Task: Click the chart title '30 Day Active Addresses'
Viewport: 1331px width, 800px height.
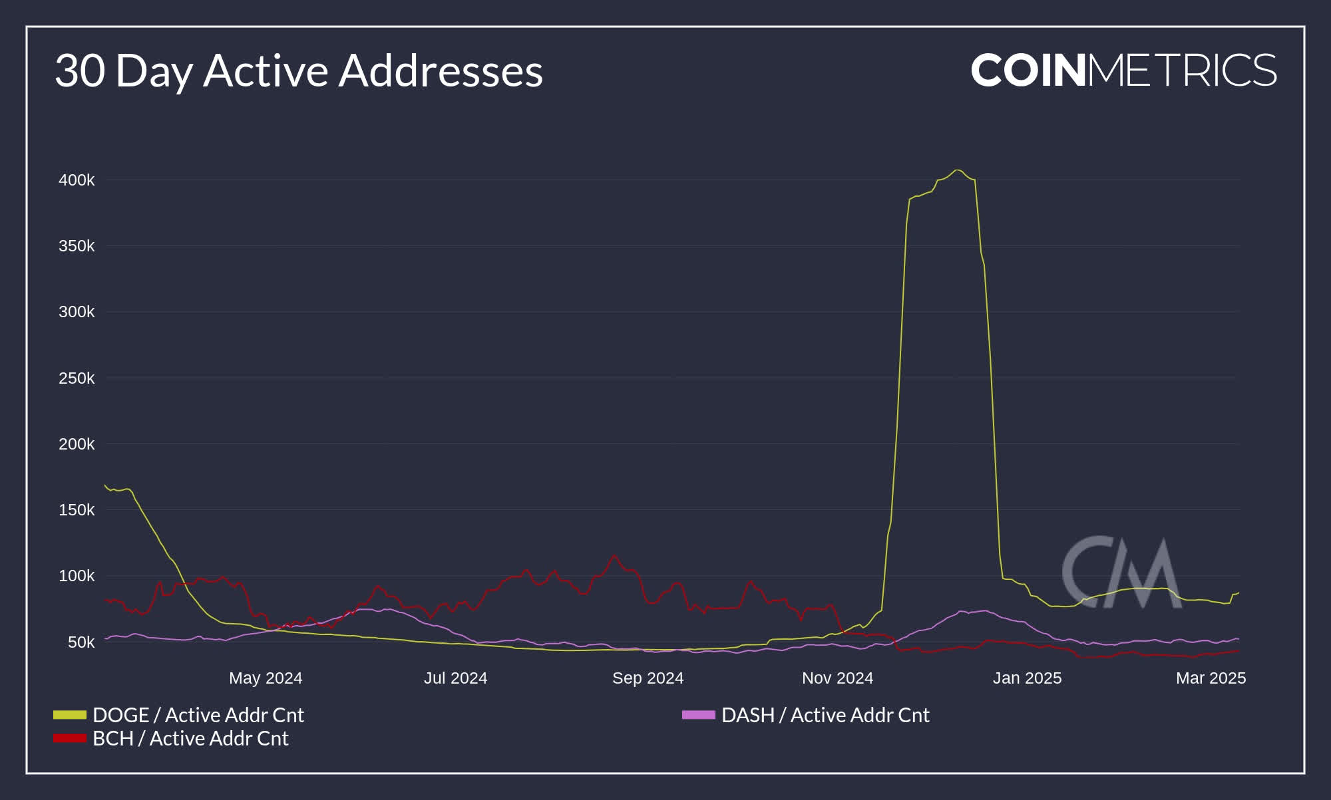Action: [x=299, y=70]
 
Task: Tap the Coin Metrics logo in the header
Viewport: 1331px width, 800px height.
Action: [x=1123, y=70]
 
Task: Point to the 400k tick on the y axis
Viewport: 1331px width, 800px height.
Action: [x=77, y=180]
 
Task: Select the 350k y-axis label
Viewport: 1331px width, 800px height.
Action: [x=77, y=246]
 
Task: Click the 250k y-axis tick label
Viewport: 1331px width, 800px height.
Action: [x=77, y=378]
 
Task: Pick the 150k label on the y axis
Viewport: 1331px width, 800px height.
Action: [x=77, y=510]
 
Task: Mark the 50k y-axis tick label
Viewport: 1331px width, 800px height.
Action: [x=81, y=642]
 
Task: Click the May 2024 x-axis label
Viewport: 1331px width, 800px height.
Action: [x=266, y=678]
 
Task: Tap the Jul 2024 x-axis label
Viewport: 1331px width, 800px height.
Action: [x=455, y=678]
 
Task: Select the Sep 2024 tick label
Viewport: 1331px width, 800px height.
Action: [x=648, y=678]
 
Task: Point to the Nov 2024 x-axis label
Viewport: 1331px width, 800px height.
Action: [x=837, y=678]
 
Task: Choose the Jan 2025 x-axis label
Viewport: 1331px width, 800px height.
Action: [x=1027, y=678]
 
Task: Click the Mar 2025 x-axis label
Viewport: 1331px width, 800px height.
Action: [x=1211, y=678]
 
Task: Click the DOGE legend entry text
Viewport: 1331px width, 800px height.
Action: [x=198, y=715]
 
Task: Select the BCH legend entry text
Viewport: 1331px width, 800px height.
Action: [x=190, y=738]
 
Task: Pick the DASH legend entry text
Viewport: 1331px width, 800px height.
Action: [x=825, y=715]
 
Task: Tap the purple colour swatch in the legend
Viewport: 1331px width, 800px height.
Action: [x=698, y=715]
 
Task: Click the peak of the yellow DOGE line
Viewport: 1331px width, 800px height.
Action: [x=957, y=170]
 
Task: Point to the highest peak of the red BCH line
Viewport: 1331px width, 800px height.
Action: [x=614, y=555]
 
